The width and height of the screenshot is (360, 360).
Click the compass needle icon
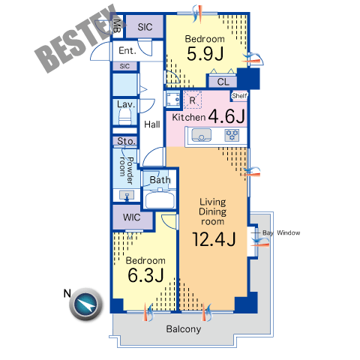tap(85, 304)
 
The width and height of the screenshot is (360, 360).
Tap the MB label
tap(117, 25)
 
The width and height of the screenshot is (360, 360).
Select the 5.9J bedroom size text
tap(205, 54)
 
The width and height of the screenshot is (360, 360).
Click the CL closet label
tap(223, 82)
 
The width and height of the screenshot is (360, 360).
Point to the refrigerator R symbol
tap(192, 100)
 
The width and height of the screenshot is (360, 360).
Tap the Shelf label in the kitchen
tap(239, 96)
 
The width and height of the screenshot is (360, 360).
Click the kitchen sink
tap(201, 135)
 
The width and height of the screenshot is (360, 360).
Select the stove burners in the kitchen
tap(232, 135)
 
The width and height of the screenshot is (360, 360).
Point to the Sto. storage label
tap(126, 141)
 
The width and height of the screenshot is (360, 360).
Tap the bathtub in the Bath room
tap(160, 199)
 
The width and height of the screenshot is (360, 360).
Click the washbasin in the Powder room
tap(127, 195)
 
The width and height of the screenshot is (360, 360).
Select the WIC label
tap(131, 217)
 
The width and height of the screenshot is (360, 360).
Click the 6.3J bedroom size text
tap(146, 275)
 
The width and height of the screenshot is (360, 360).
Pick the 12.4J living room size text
tap(214, 239)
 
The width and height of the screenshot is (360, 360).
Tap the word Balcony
tap(184, 329)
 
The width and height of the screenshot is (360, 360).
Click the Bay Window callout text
tap(281, 232)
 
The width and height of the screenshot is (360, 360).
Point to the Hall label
tap(152, 124)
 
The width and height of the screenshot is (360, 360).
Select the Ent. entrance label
tap(127, 51)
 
